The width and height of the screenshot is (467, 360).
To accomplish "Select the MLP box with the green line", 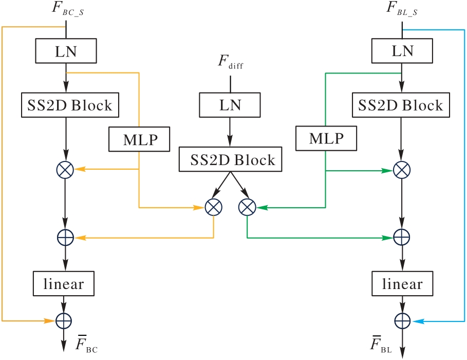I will pyautogui.click(x=326, y=139).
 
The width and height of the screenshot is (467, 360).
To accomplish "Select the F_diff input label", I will pyautogui.click(x=230, y=67).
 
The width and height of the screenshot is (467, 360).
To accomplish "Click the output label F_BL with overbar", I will pyautogui.click(x=380, y=346).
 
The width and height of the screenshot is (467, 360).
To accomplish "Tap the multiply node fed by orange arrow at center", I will pyautogui.click(x=213, y=207).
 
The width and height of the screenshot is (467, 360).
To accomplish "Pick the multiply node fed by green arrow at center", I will pyautogui.click(x=247, y=207).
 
